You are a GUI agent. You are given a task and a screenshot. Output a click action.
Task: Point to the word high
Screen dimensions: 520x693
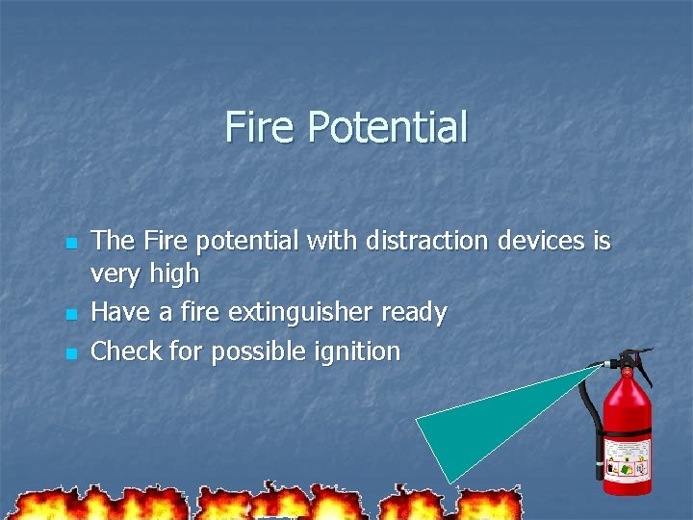[x=175, y=275]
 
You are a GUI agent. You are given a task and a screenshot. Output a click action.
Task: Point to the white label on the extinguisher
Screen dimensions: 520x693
[x=627, y=460]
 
